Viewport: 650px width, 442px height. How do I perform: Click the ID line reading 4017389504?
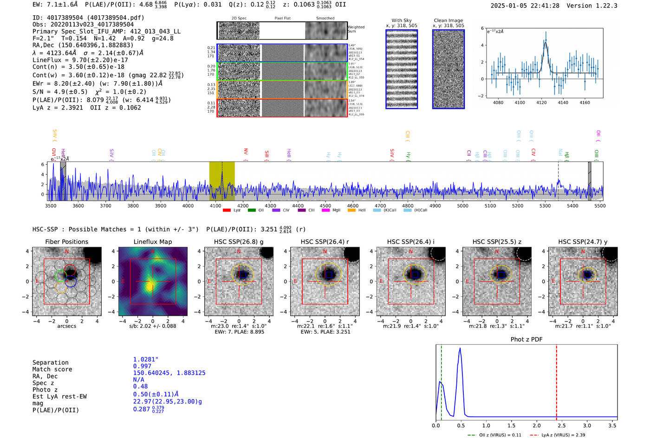88,18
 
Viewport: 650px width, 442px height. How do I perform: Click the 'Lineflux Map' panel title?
152,242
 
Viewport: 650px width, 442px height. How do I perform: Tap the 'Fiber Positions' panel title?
66,242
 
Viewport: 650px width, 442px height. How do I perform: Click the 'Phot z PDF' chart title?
526,340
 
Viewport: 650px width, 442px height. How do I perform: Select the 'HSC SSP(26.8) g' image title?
239,242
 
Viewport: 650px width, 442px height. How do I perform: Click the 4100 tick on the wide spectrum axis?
215,205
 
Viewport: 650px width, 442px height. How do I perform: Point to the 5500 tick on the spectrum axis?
600,205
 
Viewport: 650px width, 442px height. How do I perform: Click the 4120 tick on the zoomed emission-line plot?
541,102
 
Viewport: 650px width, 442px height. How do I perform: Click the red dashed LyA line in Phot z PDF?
557,380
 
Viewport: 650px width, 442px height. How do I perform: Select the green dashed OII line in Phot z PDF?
441,380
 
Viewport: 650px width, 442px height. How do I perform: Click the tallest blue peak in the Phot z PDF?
460,349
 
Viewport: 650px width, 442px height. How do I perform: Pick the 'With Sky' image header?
402,20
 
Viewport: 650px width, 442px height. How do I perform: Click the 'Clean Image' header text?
448,20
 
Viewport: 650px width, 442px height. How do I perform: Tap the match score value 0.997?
142,366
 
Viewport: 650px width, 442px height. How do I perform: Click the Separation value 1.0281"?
145,359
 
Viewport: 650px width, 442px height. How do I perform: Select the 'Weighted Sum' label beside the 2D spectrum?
356,29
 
